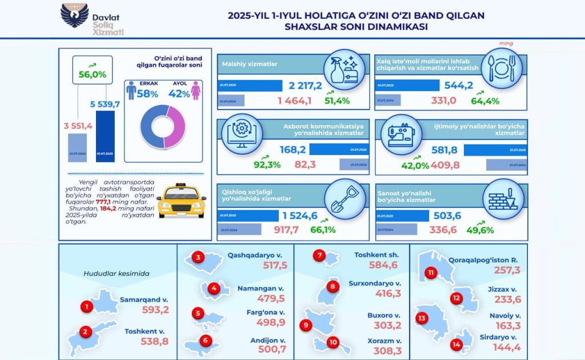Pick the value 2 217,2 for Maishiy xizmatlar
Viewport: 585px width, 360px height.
[306, 86]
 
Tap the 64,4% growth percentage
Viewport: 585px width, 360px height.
[485, 101]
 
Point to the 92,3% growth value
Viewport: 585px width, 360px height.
[267, 165]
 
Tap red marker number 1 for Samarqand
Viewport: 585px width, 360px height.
[86, 307]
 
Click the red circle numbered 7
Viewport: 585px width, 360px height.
[320, 255]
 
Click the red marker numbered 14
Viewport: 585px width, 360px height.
[455, 345]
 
